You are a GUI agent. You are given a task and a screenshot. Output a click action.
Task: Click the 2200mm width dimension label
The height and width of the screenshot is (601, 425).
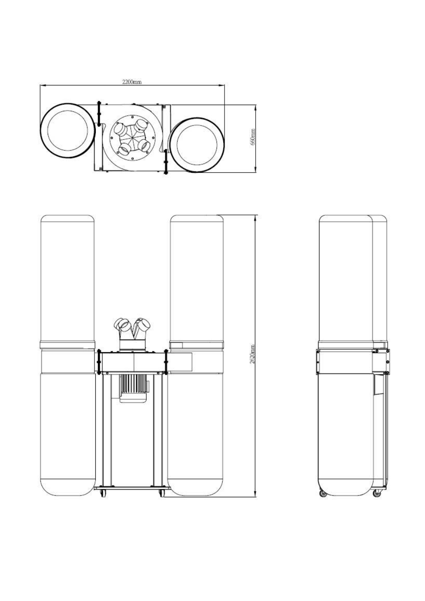coord(131,82)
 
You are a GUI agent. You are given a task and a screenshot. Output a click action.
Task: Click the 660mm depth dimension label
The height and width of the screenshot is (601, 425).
coord(253,137)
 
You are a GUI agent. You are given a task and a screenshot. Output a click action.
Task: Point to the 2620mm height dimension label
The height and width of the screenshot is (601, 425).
coord(252,354)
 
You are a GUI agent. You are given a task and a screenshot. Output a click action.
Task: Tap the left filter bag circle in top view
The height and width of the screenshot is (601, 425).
coord(41,131)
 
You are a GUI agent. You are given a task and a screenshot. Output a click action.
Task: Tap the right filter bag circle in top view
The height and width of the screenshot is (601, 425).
coord(171,145)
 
